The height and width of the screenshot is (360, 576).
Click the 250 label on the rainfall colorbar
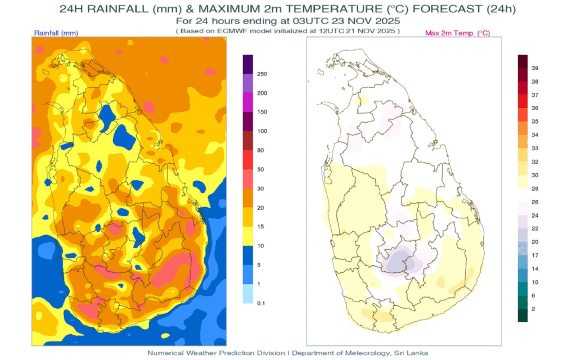tap(262, 74)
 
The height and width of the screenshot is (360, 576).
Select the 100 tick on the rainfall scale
tap(262, 131)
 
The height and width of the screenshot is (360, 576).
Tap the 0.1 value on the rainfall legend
tap(261, 303)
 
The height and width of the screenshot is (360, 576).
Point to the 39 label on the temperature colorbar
tap(535, 68)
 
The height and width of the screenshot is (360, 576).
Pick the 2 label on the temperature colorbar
tap(534, 309)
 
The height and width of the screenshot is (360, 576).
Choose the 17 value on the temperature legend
tap(535, 255)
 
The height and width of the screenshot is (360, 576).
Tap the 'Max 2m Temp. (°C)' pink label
tap(457, 34)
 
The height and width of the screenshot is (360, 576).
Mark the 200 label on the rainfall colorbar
tap(262, 93)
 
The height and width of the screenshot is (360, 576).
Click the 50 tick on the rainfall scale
tap(260, 169)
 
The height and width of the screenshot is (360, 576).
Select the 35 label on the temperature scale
tap(535, 121)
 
